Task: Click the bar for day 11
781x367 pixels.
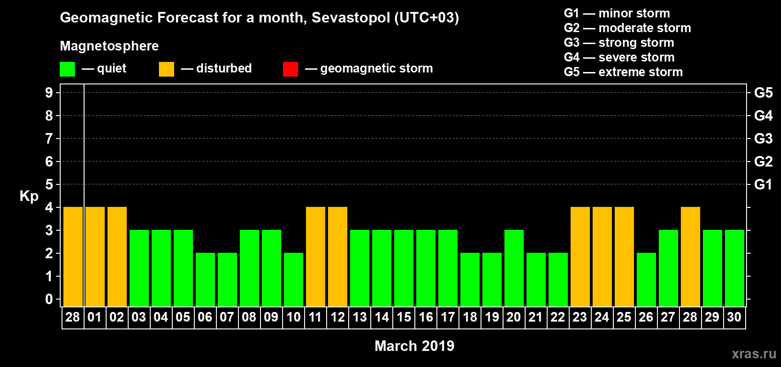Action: coord(316,256)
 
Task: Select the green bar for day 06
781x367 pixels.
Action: coord(205,279)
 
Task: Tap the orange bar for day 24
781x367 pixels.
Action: coord(602,256)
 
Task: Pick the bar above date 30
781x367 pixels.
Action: coord(735,268)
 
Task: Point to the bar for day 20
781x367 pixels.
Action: coord(514,268)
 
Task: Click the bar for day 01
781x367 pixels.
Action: coord(95,256)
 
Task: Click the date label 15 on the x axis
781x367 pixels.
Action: coord(404,317)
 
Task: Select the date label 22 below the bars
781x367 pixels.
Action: coord(558,317)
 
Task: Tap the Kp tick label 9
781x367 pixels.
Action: coord(49,93)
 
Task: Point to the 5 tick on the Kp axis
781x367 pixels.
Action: coord(49,184)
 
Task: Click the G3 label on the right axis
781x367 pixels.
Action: coord(763,139)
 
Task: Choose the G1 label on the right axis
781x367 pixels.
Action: coord(763,184)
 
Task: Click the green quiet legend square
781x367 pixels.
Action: coord(67,69)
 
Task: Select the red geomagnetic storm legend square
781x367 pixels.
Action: coord(290,69)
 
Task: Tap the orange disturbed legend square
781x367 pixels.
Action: coord(166,69)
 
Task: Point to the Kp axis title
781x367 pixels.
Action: coord(29,196)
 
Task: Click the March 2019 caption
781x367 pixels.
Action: coord(414,346)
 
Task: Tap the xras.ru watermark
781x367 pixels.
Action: coord(753,354)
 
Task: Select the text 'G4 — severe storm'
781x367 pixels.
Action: coord(619,57)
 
